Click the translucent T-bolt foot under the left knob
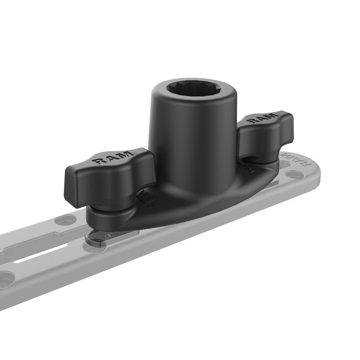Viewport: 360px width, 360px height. pyautogui.click(x=101, y=238)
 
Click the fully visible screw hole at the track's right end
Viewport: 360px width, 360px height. pyautogui.click(x=295, y=174)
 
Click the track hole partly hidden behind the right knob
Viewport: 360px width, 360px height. pyautogui.click(x=283, y=164)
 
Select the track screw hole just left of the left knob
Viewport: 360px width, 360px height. pyautogui.click(x=66, y=220)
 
